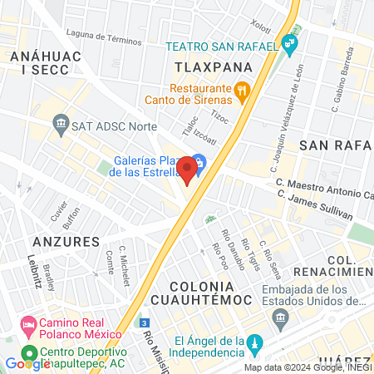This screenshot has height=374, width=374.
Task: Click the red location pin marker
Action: click(188, 170)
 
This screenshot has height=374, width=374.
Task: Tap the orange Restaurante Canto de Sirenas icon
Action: click(243, 91)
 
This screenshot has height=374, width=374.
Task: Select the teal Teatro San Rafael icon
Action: click(288, 42)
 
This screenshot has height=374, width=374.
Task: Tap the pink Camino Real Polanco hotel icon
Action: click(28, 322)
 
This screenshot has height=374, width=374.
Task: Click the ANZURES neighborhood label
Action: click(66, 241)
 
